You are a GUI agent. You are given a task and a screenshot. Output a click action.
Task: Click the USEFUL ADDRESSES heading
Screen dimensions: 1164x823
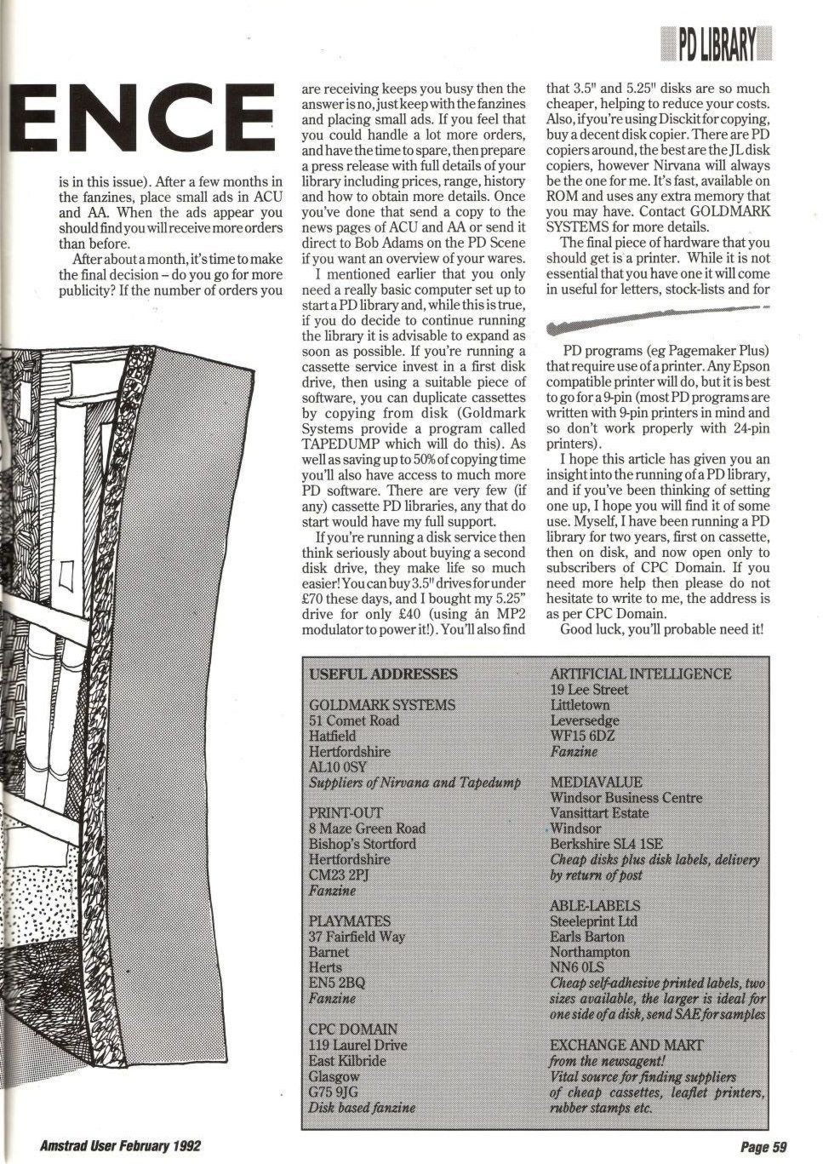pyautogui.click(x=383, y=674)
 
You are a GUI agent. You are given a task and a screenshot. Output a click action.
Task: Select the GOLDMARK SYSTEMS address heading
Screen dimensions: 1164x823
pyautogui.click(x=382, y=705)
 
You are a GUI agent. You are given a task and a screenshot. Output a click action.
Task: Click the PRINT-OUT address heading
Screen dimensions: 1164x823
pyautogui.click(x=346, y=812)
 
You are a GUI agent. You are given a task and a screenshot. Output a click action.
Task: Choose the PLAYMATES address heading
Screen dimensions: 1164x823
pyautogui.click(x=350, y=921)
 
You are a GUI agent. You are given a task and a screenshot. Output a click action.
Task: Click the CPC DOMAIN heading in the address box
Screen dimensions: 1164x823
pyautogui.click(x=352, y=1029)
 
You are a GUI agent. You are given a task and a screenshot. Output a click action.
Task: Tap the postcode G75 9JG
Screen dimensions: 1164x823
pyautogui.click(x=333, y=1092)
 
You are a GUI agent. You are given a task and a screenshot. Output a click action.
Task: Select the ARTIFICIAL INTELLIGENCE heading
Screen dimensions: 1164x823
pyautogui.click(x=640, y=674)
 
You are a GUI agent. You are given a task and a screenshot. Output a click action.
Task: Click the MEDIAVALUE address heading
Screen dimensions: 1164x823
pyautogui.click(x=596, y=782)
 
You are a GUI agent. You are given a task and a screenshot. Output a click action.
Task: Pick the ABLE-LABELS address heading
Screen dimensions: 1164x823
pyautogui.click(x=595, y=905)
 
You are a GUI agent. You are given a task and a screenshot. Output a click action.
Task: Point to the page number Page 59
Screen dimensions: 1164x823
pyautogui.click(x=763, y=1147)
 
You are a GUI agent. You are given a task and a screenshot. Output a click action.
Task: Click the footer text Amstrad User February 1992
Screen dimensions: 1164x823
pyautogui.click(x=120, y=1146)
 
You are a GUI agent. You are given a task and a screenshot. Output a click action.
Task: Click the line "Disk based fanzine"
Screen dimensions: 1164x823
pyautogui.click(x=362, y=1108)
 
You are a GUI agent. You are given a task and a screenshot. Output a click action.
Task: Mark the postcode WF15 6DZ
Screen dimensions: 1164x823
pyautogui.click(x=582, y=736)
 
